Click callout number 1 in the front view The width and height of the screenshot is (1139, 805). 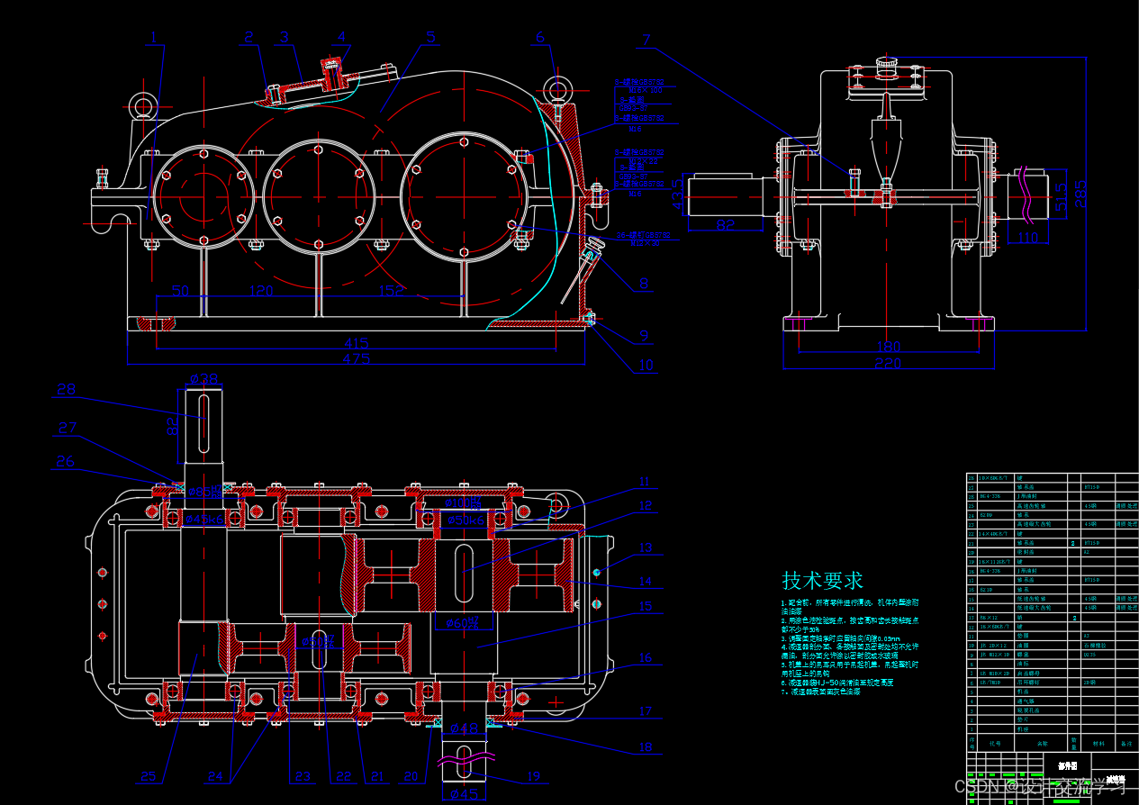click(154, 38)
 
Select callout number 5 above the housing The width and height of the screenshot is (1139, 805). click(430, 38)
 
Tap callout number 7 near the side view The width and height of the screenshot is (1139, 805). click(646, 40)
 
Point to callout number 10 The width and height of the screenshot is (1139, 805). click(646, 366)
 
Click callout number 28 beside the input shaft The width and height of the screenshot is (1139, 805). click(67, 389)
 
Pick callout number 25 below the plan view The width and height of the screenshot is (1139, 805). click(148, 777)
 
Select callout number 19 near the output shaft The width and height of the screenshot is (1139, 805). click(533, 776)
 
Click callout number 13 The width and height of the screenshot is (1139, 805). click(645, 547)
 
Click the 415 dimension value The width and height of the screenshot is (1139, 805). click(356, 343)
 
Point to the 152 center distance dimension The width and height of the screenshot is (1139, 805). click(391, 291)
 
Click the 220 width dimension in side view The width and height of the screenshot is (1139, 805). click(888, 363)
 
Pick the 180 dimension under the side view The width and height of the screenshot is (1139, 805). click(888, 347)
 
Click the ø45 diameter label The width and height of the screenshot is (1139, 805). click(465, 793)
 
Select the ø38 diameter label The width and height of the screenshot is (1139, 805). click(204, 379)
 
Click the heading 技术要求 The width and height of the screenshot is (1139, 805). click(823, 580)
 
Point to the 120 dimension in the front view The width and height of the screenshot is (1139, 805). click(261, 291)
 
